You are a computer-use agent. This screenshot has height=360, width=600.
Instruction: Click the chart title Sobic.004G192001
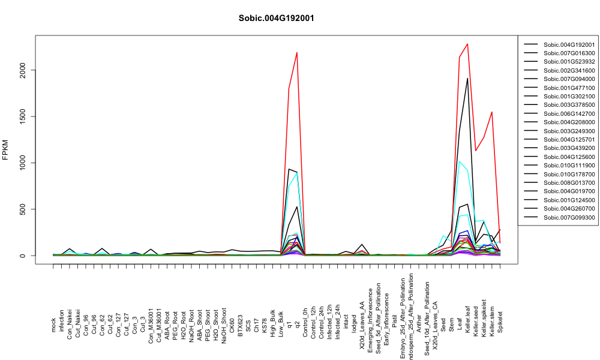276,19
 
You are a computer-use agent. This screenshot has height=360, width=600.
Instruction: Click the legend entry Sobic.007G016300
569,53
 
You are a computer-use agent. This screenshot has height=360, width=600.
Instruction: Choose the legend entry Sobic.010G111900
569,165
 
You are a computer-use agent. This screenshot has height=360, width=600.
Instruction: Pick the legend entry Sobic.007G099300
569,217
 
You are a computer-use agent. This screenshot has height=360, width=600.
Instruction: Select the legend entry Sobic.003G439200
569,148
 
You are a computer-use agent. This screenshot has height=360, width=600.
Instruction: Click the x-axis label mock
53,325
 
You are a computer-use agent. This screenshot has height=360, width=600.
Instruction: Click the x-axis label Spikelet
500,322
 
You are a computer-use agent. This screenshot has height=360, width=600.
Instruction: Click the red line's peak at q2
297,52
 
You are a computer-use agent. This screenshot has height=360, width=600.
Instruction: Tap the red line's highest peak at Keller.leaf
467,44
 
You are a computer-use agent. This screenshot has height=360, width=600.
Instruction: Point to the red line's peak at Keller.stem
492,112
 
